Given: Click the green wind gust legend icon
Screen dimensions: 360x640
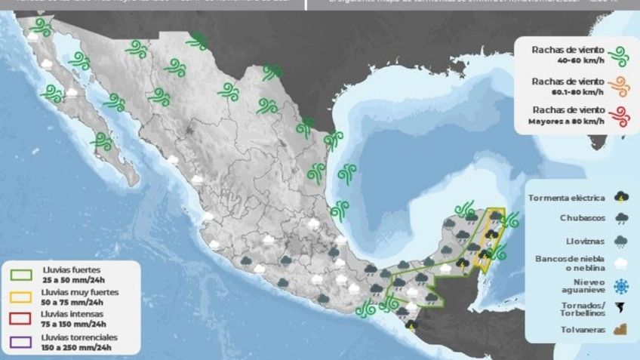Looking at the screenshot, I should [x=620, y=56].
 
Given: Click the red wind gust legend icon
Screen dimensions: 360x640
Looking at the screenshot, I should [x=620, y=115].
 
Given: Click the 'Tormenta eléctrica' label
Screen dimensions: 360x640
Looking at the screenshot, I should [x=567, y=198].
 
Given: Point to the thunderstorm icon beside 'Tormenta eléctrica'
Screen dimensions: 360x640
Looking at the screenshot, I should [x=622, y=198].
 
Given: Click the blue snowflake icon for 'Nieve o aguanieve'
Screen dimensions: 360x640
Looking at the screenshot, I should [x=622, y=286].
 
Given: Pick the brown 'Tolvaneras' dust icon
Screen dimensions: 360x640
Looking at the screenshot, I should [x=622, y=331].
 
